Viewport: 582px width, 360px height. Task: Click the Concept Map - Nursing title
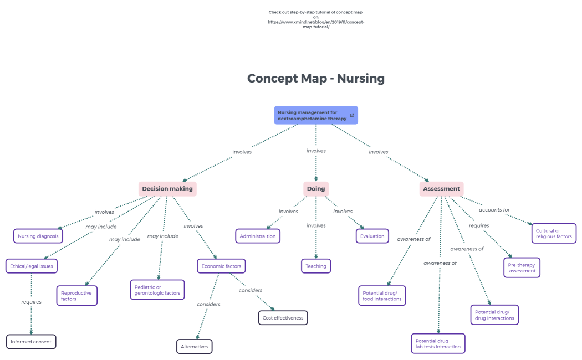point(315,79)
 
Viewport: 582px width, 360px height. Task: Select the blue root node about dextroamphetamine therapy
point(312,115)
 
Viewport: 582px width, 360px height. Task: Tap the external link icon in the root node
point(352,115)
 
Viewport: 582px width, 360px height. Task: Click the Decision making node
point(167,189)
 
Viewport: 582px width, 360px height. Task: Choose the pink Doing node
point(316,189)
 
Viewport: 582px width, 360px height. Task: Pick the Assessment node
point(441,189)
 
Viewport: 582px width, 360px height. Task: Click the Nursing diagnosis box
point(38,236)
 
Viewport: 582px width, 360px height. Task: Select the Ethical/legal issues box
point(32,266)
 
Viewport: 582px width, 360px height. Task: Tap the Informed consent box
point(31,342)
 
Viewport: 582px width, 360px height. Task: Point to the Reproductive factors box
point(77,296)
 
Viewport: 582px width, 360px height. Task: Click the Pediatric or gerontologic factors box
point(157,290)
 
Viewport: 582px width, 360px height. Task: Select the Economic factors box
point(221,266)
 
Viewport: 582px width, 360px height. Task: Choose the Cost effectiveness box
point(283,318)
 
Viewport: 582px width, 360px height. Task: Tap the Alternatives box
point(195,347)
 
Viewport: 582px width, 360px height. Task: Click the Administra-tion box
point(258,236)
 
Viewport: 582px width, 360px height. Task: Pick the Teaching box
point(316,266)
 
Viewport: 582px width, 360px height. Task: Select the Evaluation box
point(372,236)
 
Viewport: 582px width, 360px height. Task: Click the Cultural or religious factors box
point(554,234)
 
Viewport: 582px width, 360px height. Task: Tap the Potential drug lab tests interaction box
point(438,343)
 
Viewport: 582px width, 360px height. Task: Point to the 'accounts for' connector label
point(494,210)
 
